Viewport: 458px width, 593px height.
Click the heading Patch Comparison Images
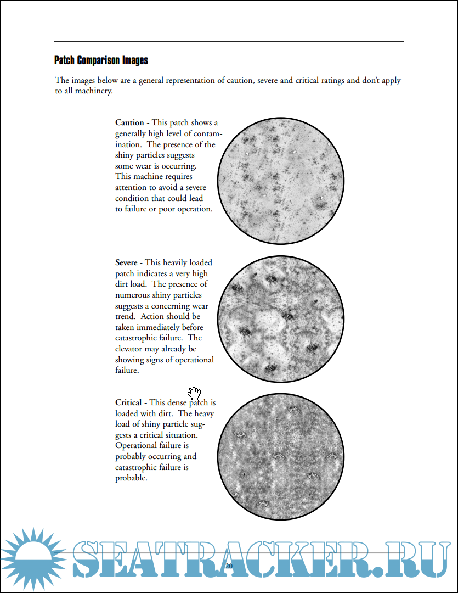point(101,60)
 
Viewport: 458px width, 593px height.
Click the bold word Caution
point(129,123)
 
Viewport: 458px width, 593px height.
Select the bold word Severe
point(126,263)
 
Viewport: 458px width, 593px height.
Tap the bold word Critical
point(128,403)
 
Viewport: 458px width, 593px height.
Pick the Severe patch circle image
point(281,320)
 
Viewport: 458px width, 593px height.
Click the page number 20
point(229,566)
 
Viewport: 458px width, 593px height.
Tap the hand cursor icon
point(194,393)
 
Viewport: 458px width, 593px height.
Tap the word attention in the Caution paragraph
point(132,188)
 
